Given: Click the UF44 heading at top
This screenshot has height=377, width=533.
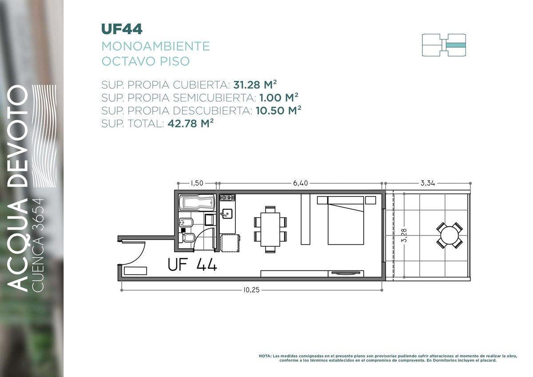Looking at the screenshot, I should (x=122, y=29).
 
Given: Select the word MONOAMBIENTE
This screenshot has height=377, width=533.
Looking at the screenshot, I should (x=155, y=46).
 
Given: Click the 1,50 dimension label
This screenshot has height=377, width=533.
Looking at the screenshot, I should (x=197, y=183).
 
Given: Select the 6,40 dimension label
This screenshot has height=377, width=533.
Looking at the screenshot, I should (x=301, y=183).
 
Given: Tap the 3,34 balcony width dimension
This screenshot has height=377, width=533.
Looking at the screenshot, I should (x=427, y=183).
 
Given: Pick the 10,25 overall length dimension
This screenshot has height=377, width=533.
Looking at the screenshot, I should (x=251, y=290).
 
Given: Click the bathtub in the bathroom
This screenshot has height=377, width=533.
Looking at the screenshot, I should (x=197, y=204).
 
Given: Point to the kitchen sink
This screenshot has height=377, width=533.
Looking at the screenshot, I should (x=227, y=213).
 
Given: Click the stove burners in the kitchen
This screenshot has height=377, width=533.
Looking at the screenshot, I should (x=227, y=198).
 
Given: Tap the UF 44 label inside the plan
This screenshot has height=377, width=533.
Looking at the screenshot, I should (x=192, y=265).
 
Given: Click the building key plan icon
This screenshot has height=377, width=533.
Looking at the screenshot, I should (x=443, y=45).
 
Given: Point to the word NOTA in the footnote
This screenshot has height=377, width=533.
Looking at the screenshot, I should (x=265, y=356).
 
